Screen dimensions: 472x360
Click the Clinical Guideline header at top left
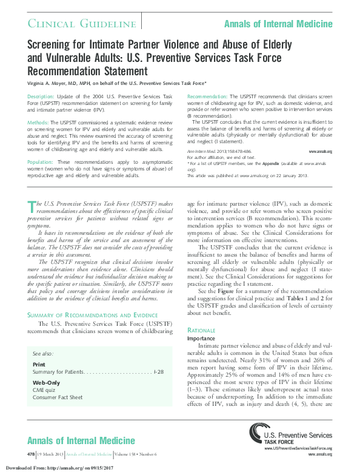point(81,24)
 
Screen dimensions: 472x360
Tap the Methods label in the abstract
point(38,123)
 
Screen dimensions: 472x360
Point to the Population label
point(41,163)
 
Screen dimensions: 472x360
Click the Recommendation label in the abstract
point(207,97)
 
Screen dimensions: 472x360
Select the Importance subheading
point(201,338)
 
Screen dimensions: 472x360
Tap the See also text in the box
point(42,353)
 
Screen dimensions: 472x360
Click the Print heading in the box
point(38,364)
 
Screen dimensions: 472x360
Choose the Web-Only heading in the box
point(46,383)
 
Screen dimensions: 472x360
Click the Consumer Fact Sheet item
point(58,397)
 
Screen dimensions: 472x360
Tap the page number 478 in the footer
point(31,454)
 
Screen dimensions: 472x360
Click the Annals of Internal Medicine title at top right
point(278,24)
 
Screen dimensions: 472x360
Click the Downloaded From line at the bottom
point(61,468)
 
